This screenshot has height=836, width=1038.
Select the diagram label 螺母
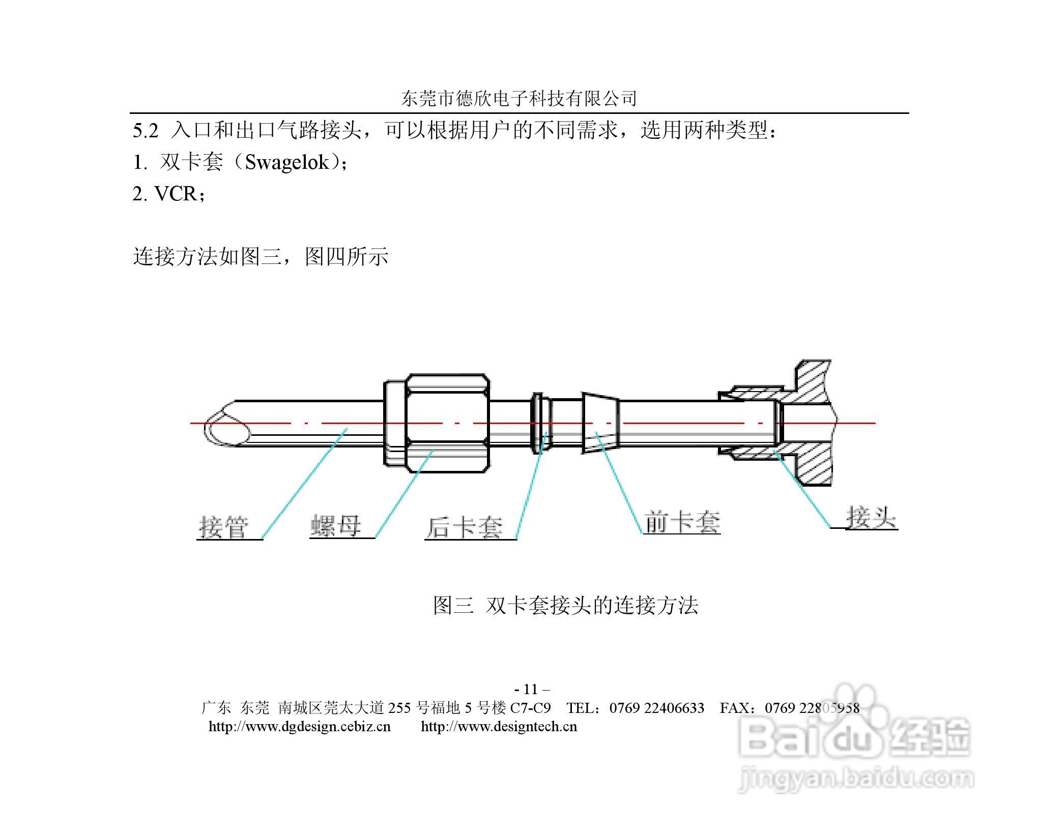pos(335,526)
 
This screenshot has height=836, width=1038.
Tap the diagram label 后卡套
pos(464,527)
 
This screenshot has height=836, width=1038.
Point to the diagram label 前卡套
pos(682,522)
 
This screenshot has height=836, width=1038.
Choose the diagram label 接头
pos(871,518)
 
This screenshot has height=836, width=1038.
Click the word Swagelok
pos(287,162)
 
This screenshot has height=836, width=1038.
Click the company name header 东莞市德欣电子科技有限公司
pos(519,99)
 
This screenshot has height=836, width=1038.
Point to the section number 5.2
pos(146,131)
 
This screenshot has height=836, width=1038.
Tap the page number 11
pos(531,689)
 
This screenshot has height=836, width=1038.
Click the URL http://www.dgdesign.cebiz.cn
pos(300,726)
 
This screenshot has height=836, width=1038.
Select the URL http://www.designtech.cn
pos(499,726)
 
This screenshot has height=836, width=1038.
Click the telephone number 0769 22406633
pos(657,708)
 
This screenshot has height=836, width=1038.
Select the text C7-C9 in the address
pos(530,708)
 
